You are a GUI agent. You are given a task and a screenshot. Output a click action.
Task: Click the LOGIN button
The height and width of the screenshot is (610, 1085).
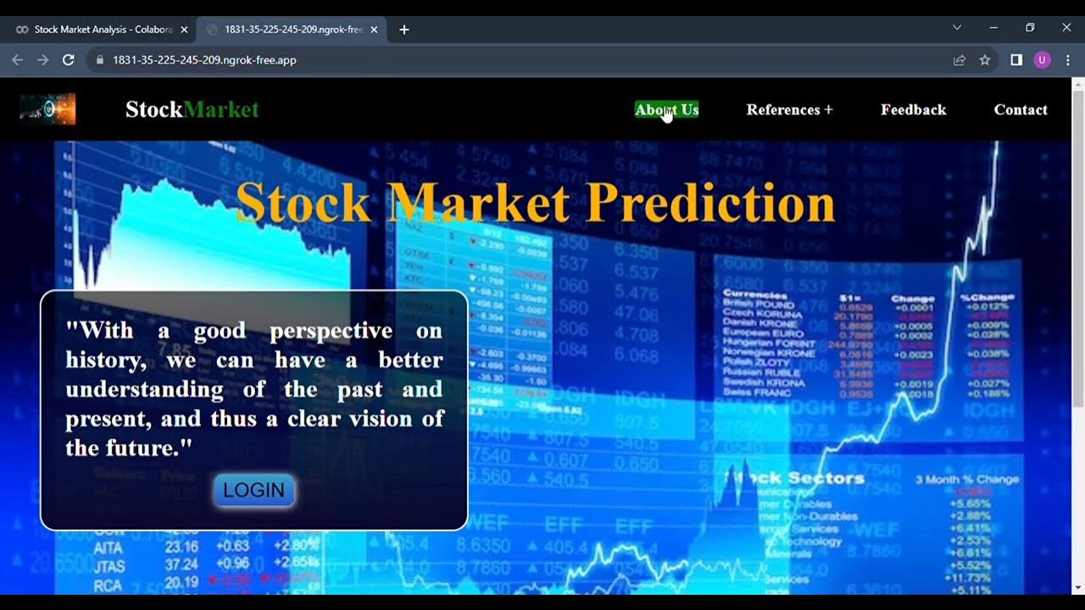pyautogui.click(x=253, y=491)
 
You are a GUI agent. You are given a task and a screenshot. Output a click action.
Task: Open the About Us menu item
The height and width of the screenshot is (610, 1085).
pyautogui.click(x=666, y=109)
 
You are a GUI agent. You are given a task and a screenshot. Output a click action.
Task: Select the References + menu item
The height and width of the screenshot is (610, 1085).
pyautogui.click(x=789, y=109)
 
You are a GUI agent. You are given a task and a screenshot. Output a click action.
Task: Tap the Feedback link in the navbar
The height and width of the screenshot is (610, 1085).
pyautogui.click(x=913, y=109)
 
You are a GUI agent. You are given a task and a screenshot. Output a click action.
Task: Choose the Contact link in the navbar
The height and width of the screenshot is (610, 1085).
pyautogui.click(x=1021, y=109)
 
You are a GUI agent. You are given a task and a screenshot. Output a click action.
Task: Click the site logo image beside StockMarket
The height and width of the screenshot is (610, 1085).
pyautogui.click(x=47, y=109)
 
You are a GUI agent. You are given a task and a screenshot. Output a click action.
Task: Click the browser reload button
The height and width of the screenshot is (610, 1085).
pyautogui.click(x=69, y=60)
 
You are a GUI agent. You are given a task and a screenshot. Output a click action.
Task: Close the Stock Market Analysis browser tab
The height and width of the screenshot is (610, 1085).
pyautogui.click(x=184, y=30)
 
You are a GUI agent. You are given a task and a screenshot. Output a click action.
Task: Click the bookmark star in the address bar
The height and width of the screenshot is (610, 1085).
pyautogui.click(x=985, y=60)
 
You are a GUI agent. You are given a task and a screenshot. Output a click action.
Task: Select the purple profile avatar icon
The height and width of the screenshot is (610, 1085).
pyautogui.click(x=1042, y=60)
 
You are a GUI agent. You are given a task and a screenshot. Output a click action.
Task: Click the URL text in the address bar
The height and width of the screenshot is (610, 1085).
pyautogui.click(x=204, y=60)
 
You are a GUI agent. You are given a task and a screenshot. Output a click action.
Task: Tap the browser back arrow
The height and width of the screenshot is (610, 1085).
pyautogui.click(x=17, y=60)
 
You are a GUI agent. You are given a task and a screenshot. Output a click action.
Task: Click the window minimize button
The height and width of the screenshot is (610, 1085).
pyautogui.click(x=993, y=28)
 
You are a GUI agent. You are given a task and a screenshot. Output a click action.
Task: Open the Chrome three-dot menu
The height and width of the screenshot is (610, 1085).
pyautogui.click(x=1068, y=60)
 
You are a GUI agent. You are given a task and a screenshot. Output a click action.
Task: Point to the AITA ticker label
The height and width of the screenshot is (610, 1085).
pyautogui.click(x=108, y=546)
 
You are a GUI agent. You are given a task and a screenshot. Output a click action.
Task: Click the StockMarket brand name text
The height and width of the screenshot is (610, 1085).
pyautogui.click(x=192, y=109)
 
